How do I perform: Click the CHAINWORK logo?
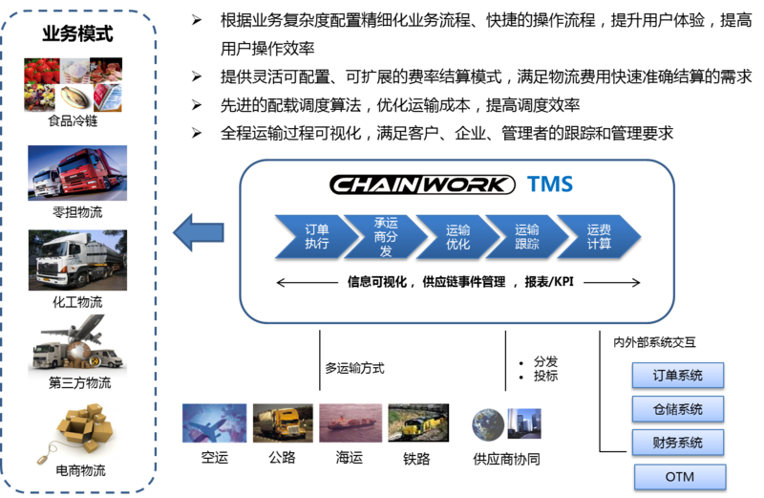(x=422, y=184)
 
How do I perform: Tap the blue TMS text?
(x=550, y=184)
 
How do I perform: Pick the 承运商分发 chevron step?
(x=386, y=236)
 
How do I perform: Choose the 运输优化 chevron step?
(x=458, y=236)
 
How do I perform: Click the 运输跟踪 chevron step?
(x=527, y=236)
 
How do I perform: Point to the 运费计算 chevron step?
(x=599, y=236)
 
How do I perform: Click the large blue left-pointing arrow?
(x=199, y=232)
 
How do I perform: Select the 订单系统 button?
(x=678, y=376)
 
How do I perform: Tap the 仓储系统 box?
(x=678, y=409)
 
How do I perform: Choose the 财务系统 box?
(x=678, y=443)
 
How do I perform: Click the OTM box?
(x=680, y=477)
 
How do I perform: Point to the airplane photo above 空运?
(x=214, y=422)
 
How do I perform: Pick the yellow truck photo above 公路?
(x=283, y=422)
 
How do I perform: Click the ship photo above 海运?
(x=350, y=422)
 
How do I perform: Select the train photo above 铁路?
(x=418, y=422)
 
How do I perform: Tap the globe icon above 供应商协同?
(x=488, y=424)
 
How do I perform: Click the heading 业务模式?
(x=78, y=34)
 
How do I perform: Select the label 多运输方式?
(x=354, y=368)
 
